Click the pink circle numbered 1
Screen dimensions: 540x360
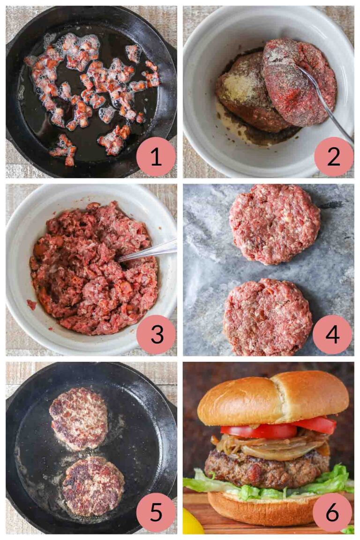(x=156, y=157)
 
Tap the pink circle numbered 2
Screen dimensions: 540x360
(x=334, y=157)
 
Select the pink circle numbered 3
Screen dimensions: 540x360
(x=156, y=334)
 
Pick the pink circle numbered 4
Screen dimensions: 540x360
(x=332, y=334)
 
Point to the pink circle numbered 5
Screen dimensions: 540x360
(x=156, y=512)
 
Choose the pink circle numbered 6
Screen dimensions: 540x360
(x=332, y=512)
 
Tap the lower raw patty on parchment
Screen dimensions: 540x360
(x=268, y=317)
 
